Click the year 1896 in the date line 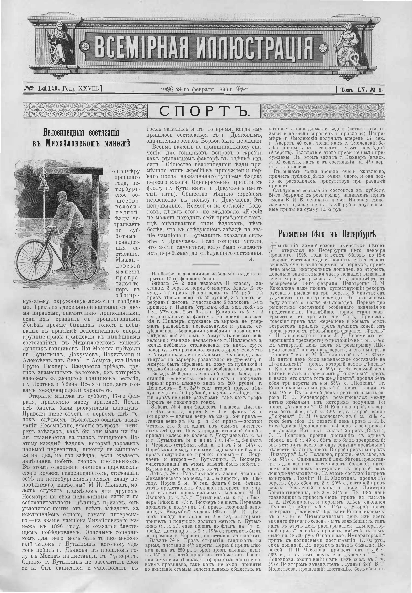223,90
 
